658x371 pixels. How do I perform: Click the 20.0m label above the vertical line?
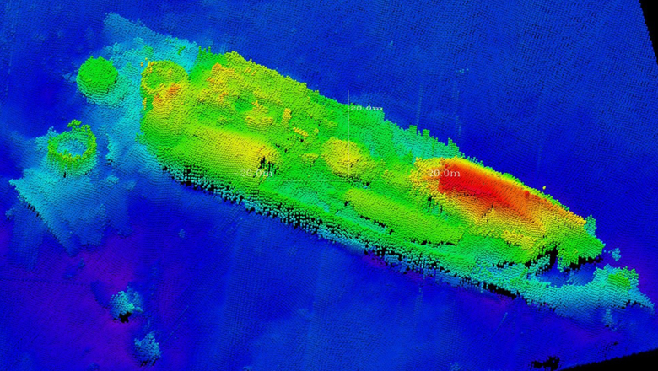(366, 108)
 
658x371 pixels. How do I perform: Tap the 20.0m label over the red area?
(445, 174)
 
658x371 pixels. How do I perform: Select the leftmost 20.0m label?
(255, 174)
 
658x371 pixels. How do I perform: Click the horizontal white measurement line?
(312, 180)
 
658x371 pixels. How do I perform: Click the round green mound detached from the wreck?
(97, 76)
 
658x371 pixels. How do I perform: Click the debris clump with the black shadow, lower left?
(127, 305)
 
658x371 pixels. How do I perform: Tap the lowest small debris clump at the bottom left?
(147, 346)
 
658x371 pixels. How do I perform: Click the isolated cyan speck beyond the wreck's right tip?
(617, 252)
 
